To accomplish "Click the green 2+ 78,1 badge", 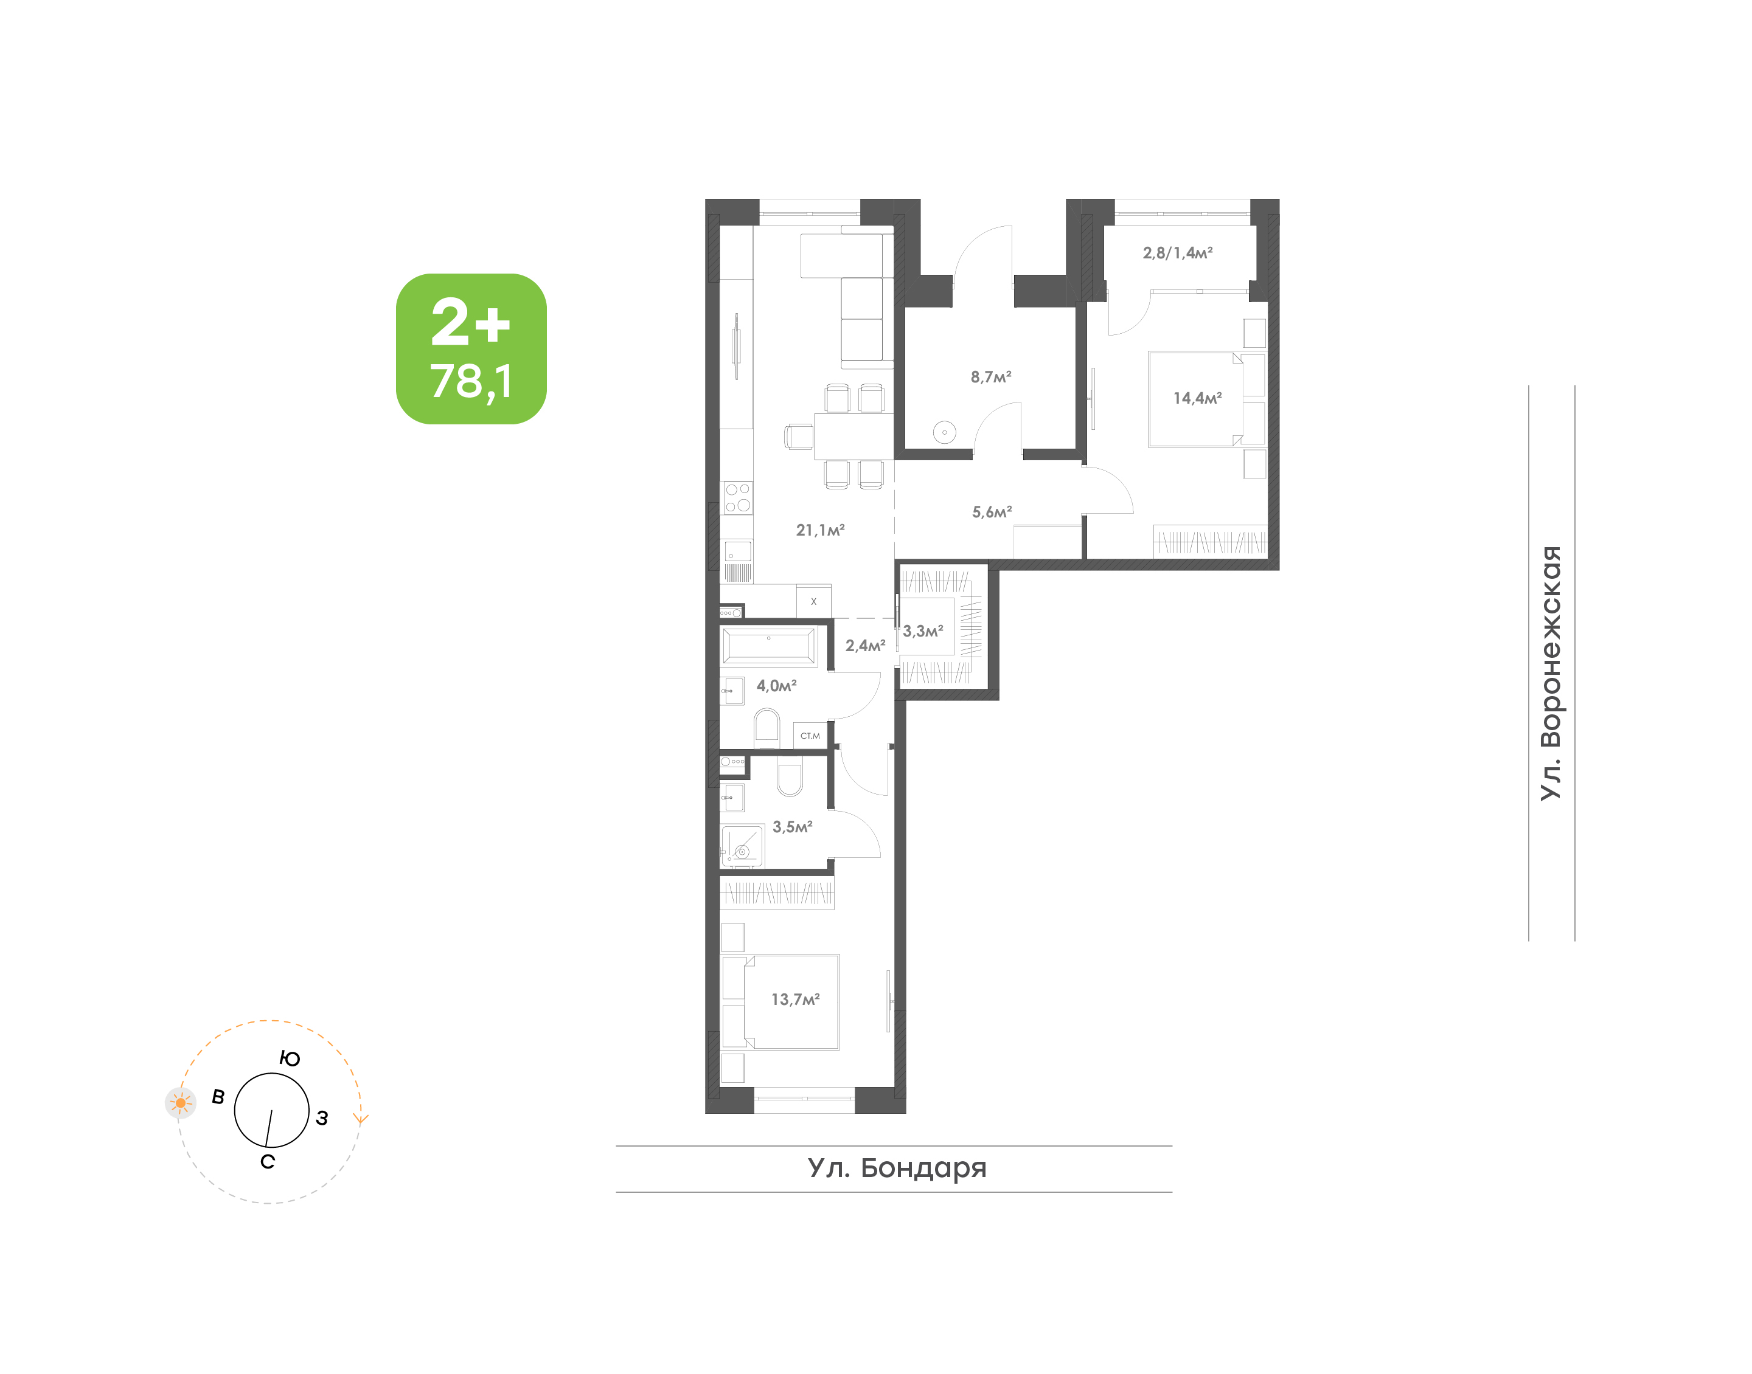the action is pyautogui.click(x=471, y=348).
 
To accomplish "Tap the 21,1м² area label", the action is pyautogui.click(x=820, y=530).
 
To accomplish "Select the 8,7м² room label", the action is pyautogui.click(x=991, y=376).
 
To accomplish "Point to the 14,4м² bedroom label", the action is pyautogui.click(x=1198, y=398).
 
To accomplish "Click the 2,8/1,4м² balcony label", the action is pyautogui.click(x=1177, y=252).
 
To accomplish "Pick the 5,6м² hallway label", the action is pyautogui.click(x=992, y=512).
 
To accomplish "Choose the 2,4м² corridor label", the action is pyautogui.click(x=865, y=645).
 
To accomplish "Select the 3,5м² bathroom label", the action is pyautogui.click(x=793, y=826).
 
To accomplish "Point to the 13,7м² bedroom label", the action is pyautogui.click(x=795, y=999).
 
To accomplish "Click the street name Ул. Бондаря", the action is pyautogui.click(x=897, y=1167).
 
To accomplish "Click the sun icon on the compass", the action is pyautogui.click(x=180, y=1103).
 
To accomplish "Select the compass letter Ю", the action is pyautogui.click(x=290, y=1058).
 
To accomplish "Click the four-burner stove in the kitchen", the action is pyautogui.click(x=738, y=497).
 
